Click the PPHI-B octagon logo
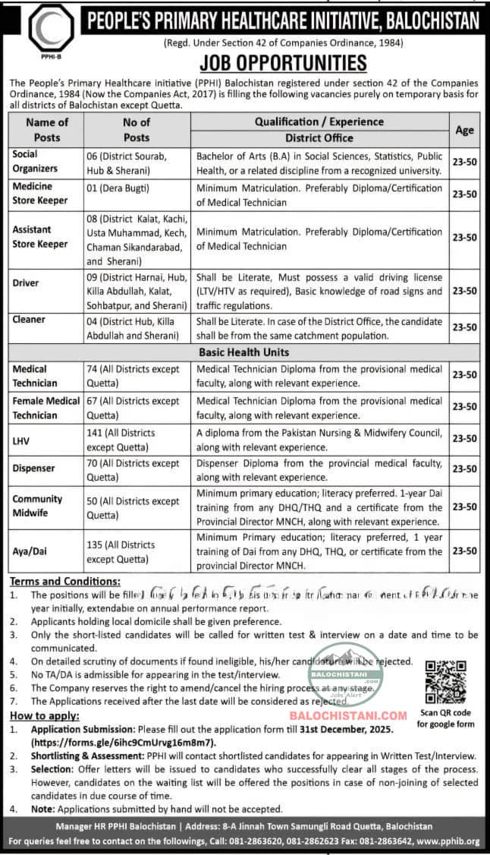coord(51,29)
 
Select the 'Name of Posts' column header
coord(47,129)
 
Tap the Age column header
coord(464,129)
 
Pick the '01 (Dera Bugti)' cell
coord(118,188)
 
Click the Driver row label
coord(26,283)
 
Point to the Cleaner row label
coord(28,320)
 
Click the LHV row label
coord(22,440)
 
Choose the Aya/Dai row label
coord(30,551)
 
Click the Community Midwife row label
coord(37,506)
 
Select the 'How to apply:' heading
coord(43,716)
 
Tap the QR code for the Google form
coord(444,681)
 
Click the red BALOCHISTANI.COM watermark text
coord(349,715)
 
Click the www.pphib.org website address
coord(447,841)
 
